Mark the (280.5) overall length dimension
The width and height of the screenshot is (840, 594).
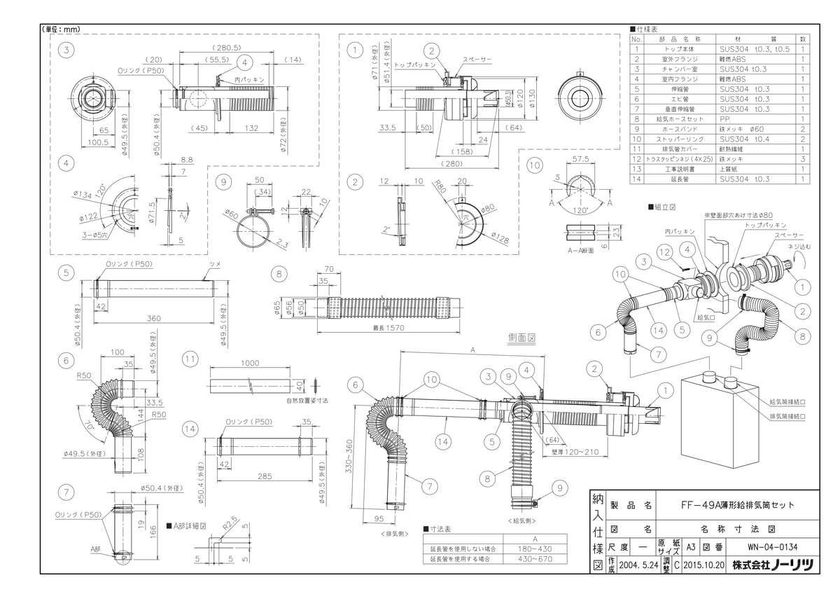tap(228, 47)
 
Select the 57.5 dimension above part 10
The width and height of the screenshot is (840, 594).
tap(578, 160)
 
